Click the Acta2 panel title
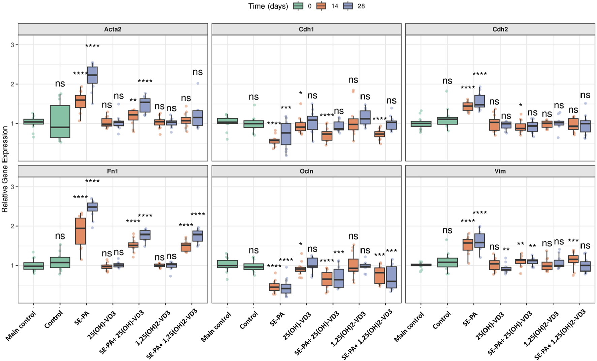[x=113, y=29]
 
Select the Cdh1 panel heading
[x=306, y=29]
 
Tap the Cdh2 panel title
[x=500, y=29]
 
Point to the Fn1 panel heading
[x=113, y=171]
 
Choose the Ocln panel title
[x=306, y=171]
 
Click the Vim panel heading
[x=500, y=171]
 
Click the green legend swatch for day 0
[x=298, y=6]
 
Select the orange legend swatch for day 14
[x=322, y=6]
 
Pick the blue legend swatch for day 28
[x=348, y=6]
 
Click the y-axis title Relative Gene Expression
[x=5, y=169]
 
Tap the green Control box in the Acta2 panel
[x=60, y=121]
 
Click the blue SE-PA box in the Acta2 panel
[x=92, y=75]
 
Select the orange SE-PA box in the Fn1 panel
[x=81, y=231]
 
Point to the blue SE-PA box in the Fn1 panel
[x=92, y=207]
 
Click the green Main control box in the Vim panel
[x=421, y=265]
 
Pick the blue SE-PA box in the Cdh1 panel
[x=286, y=134]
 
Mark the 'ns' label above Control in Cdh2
[x=447, y=81]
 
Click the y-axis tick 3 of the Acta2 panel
[x=12, y=45]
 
